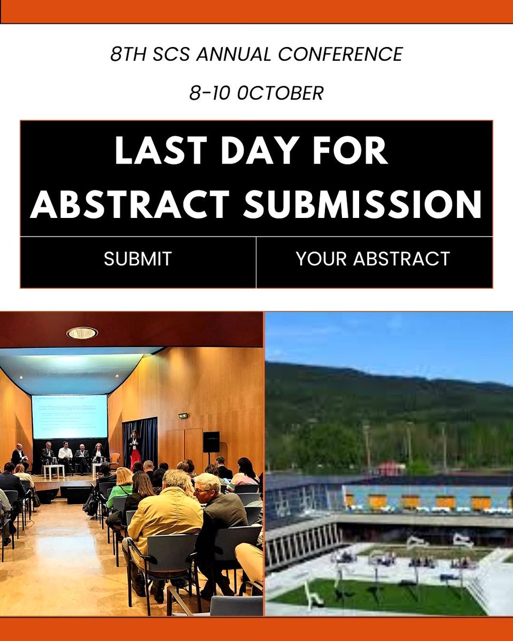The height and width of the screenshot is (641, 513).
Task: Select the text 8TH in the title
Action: coord(125,54)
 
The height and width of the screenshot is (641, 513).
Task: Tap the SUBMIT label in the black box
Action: coord(138,259)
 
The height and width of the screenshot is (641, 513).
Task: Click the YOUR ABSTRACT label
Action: coord(373,259)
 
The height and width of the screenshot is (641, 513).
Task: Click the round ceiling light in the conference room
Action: coord(82,333)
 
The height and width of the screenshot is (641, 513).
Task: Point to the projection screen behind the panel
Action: coord(70,417)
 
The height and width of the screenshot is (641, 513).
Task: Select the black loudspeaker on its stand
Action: coord(211,441)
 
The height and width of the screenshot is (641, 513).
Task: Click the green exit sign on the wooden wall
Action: coord(183,416)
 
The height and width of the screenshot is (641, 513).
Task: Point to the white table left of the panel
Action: coord(53,470)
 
